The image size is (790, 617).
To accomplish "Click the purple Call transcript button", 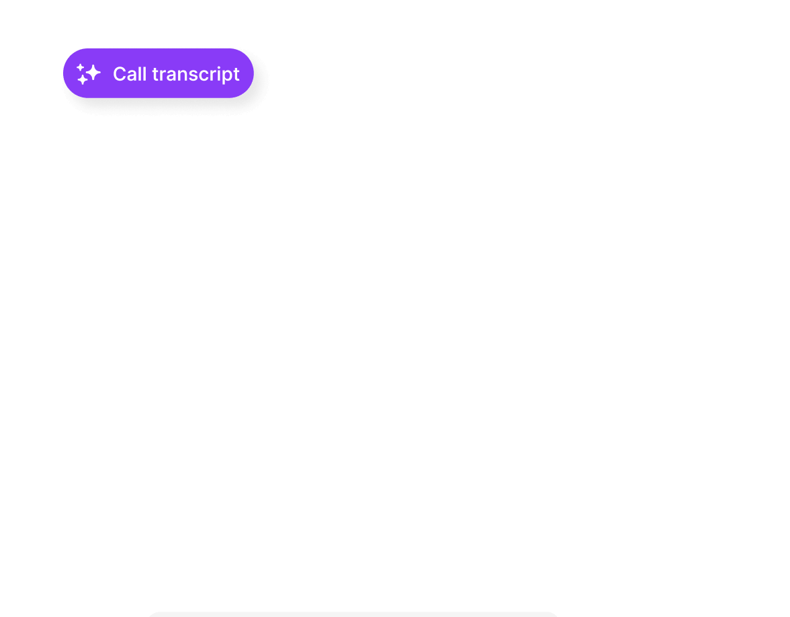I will tap(158, 73).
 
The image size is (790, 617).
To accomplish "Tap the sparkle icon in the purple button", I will tap(88, 74).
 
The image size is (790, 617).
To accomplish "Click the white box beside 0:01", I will tap(423, 150).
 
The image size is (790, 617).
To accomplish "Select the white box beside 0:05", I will tap(423, 222).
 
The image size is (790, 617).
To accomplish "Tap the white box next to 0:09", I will tap(423, 309).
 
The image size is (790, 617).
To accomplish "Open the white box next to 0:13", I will tap(423, 435).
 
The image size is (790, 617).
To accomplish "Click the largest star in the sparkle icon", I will tap(92, 71).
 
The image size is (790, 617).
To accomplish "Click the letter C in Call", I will tap(119, 74).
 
